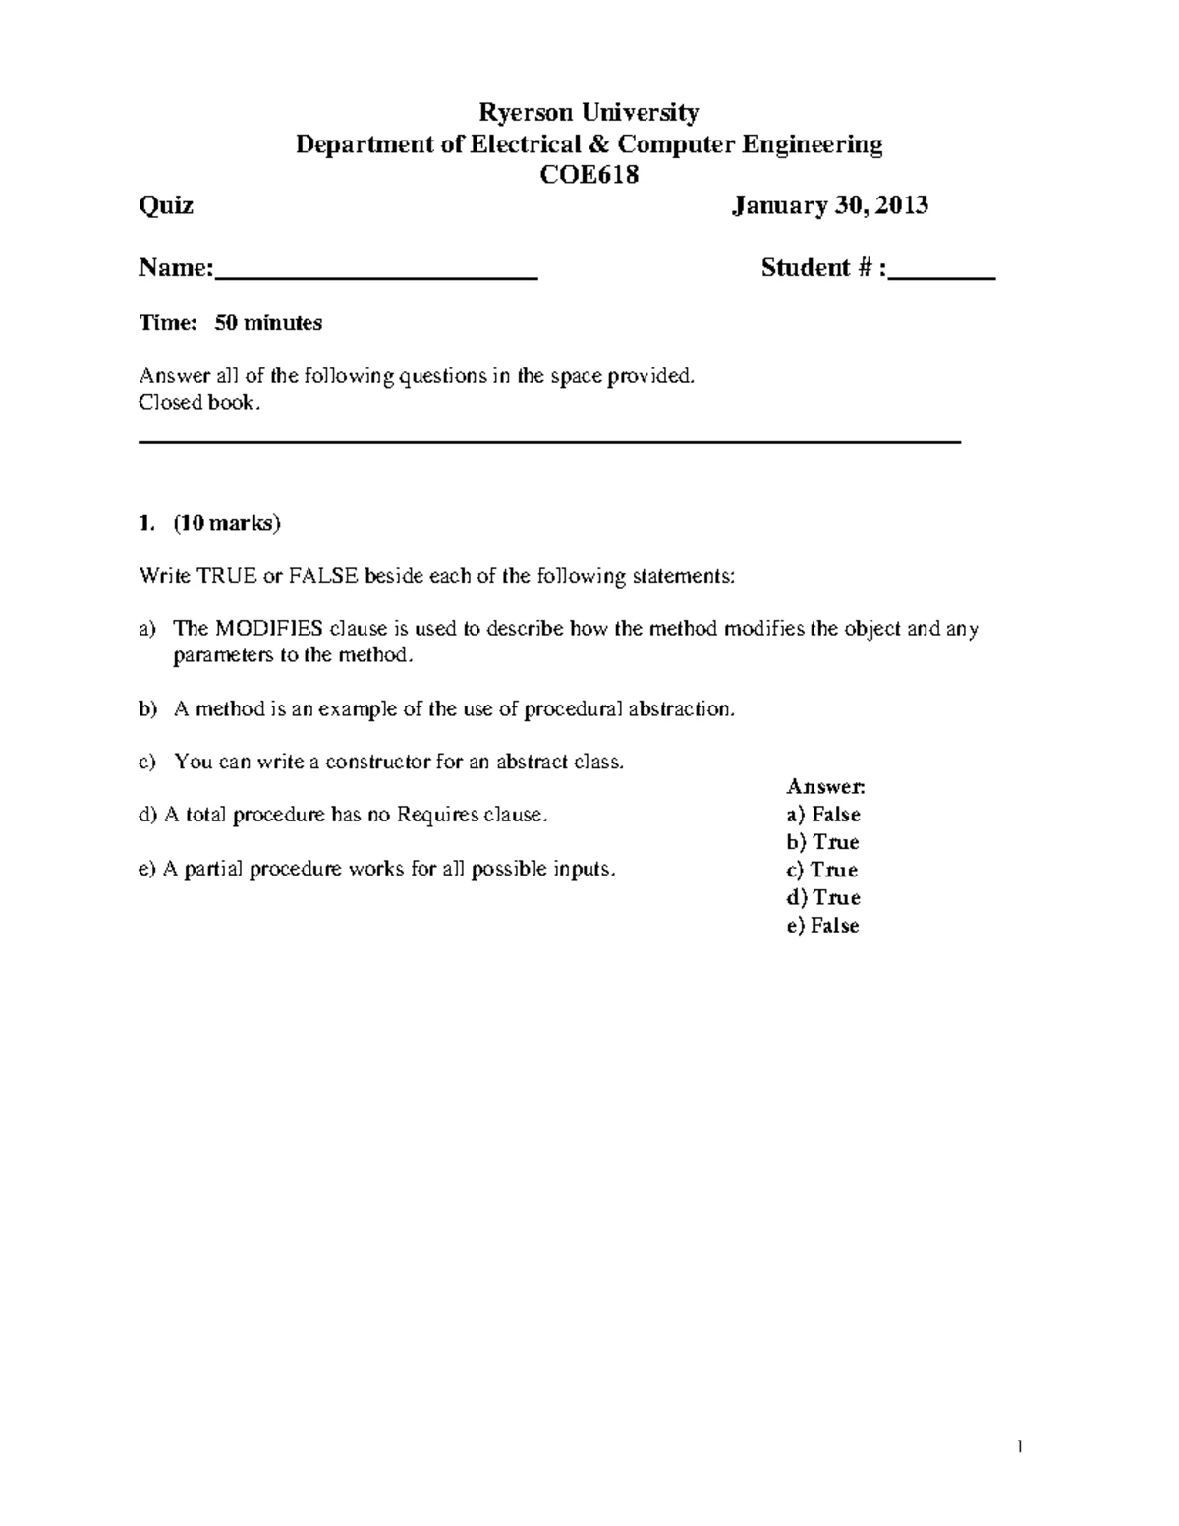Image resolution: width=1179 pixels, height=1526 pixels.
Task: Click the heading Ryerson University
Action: (x=588, y=113)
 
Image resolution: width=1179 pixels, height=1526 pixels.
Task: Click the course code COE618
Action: (x=589, y=175)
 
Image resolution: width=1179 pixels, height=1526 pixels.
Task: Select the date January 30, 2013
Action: (x=830, y=205)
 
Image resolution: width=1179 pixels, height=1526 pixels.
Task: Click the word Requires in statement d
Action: (x=431, y=815)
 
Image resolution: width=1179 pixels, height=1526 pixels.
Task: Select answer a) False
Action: (x=823, y=815)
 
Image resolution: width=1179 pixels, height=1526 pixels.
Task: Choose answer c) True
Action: (x=822, y=870)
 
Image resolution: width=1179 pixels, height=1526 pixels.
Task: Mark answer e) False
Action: (x=823, y=926)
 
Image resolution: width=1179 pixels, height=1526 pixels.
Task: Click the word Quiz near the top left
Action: (x=166, y=205)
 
